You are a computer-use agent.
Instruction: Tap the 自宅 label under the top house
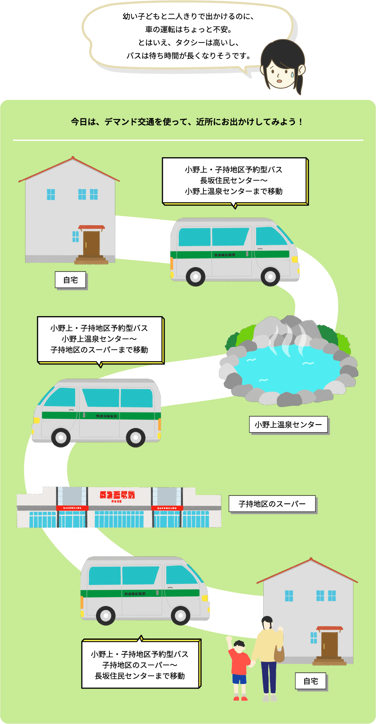[x=71, y=280]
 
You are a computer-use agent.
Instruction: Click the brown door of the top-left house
[x=91, y=244]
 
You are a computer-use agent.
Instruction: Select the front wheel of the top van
[x=270, y=276]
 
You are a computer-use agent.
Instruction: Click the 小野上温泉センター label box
[x=288, y=425]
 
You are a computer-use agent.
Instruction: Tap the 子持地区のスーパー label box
[x=272, y=504]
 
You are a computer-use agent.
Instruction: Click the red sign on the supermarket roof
[x=117, y=495]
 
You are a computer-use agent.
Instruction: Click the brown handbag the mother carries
[x=279, y=654]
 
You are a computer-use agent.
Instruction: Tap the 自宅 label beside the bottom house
[x=310, y=681]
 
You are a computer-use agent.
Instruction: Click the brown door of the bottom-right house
[x=329, y=645]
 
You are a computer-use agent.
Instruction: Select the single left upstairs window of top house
[x=51, y=194]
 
